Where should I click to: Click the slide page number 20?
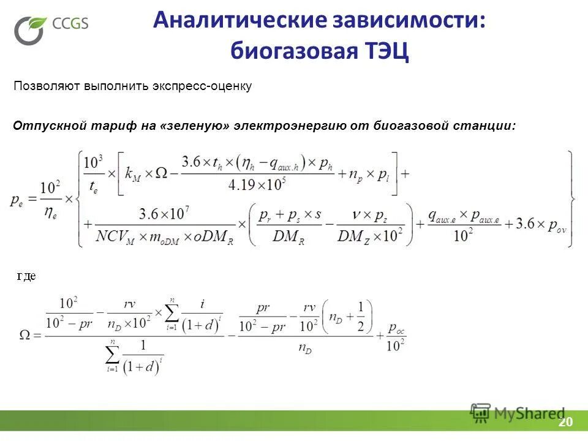565,423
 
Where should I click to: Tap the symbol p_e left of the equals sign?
18,200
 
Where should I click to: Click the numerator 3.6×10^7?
167,214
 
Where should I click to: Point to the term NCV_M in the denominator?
118,236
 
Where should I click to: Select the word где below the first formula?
26,276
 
